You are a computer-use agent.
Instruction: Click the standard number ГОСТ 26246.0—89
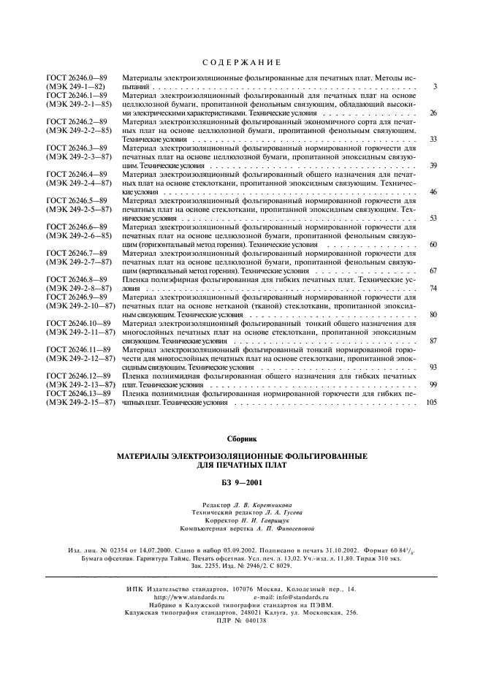[77, 77]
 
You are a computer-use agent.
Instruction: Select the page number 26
[433, 114]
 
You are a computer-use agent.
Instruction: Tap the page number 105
[430, 403]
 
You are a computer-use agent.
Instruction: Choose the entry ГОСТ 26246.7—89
[77, 253]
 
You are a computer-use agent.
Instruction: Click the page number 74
[433, 289]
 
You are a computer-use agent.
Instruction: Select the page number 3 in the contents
[434, 87]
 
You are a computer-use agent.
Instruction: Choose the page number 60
[433, 244]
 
